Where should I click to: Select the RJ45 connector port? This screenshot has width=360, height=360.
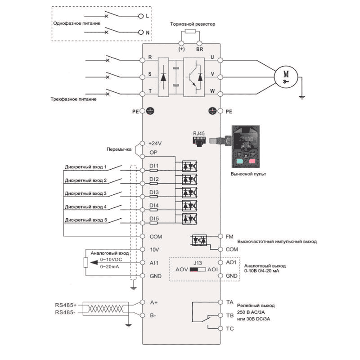(198, 140)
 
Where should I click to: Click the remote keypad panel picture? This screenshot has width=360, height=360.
(246, 147)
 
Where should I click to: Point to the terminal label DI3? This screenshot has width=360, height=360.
(154, 192)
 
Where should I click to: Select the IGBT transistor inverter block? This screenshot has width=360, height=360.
(196, 76)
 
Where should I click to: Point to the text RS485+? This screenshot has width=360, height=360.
(66, 305)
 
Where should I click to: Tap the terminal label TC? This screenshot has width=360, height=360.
(229, 329)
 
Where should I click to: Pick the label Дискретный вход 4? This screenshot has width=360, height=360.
(85, 207)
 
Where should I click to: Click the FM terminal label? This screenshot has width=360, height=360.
(229, 236)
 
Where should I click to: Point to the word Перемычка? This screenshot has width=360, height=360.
(118, 148)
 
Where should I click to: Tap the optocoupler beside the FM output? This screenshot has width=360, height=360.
(199, 240)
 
